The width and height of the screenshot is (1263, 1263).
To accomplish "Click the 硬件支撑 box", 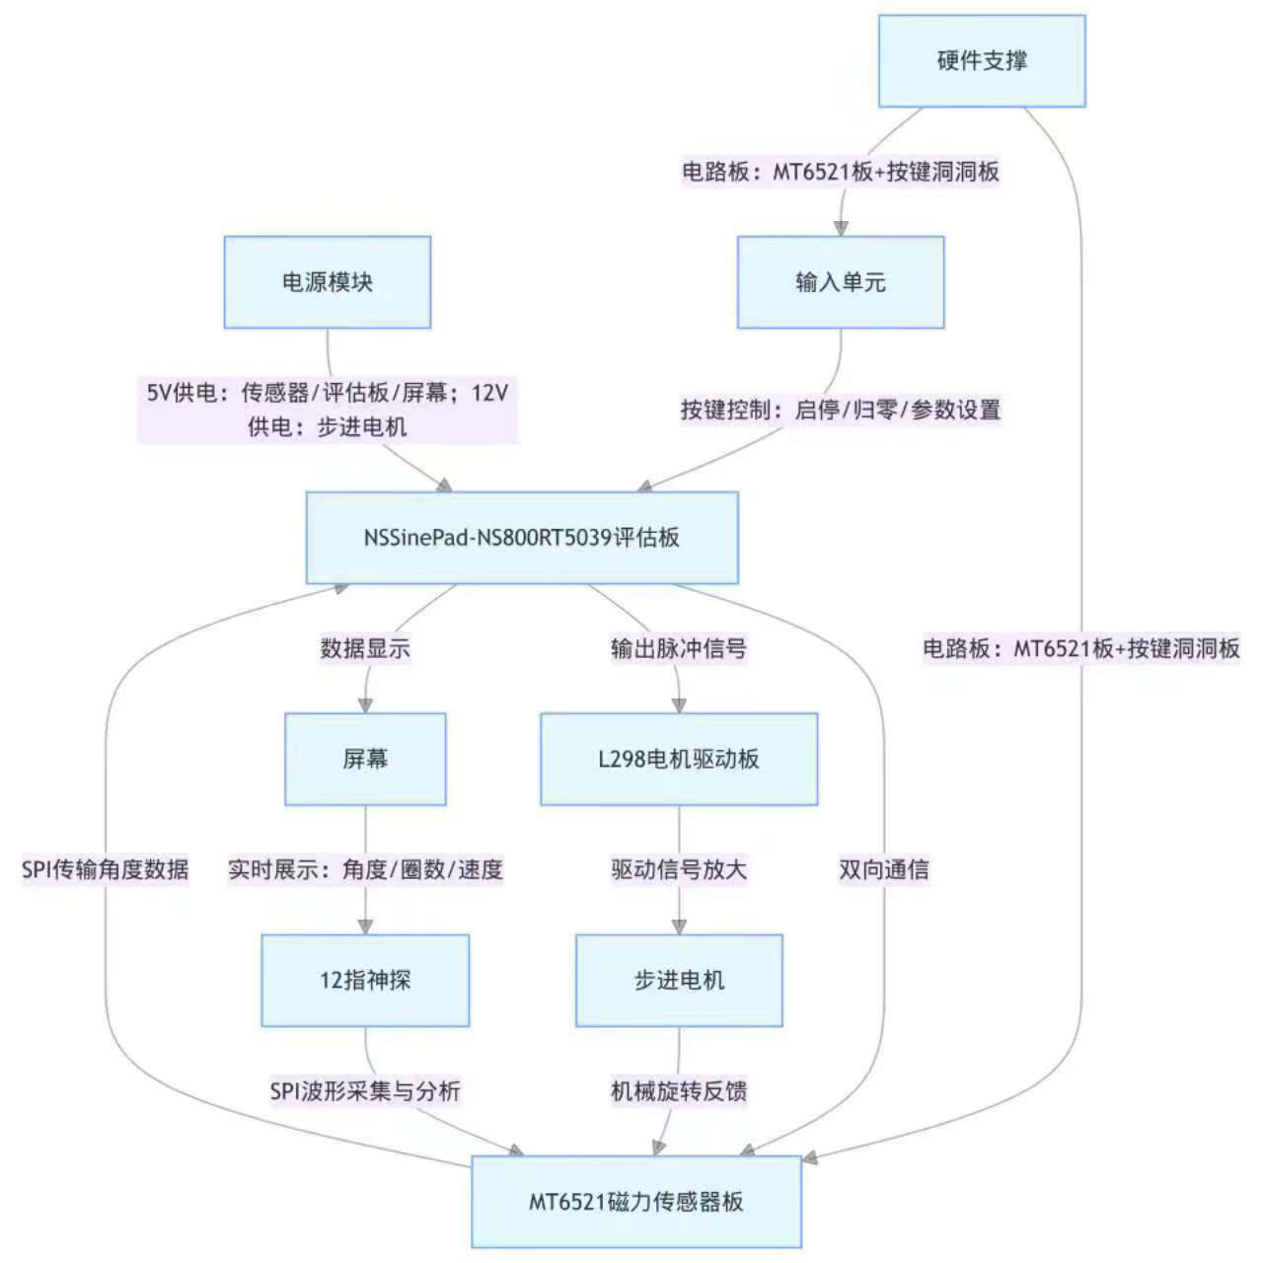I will pos(982,61).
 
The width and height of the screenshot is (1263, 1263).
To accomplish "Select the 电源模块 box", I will pos(328,282).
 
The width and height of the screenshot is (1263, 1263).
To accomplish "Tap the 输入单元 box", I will pos(841,282).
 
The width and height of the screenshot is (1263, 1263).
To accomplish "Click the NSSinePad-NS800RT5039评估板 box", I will pos(522,538).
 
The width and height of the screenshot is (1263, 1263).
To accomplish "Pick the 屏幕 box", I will pos(365,759).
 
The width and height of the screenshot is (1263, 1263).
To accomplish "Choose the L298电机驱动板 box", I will pos(679,759).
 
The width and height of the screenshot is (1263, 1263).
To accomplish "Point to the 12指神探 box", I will pos(365,980).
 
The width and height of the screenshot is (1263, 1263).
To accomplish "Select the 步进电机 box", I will pos(679,980).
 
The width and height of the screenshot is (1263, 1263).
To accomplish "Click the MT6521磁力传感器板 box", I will pos(636,1202).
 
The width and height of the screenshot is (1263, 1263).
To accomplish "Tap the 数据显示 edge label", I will pos(365,648).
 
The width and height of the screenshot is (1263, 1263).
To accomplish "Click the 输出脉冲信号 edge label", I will pos(679,648).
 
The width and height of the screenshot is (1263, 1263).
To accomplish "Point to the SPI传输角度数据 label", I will pos(106,869).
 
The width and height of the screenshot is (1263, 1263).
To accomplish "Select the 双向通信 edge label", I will pos(884,869).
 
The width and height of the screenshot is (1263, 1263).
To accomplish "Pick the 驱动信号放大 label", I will pos(679,869).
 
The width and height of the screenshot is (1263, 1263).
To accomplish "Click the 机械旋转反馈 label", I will pos(679,1090).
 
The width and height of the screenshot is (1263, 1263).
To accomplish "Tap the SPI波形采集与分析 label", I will pos(365,1090).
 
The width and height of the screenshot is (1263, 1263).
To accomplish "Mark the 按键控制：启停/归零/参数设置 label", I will pos(841,409).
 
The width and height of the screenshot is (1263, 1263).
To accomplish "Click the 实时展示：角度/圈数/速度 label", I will pos(365,869).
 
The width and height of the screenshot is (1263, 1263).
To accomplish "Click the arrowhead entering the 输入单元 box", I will pos(841,229).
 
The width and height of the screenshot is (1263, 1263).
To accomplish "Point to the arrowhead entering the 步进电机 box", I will pos(679,928).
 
